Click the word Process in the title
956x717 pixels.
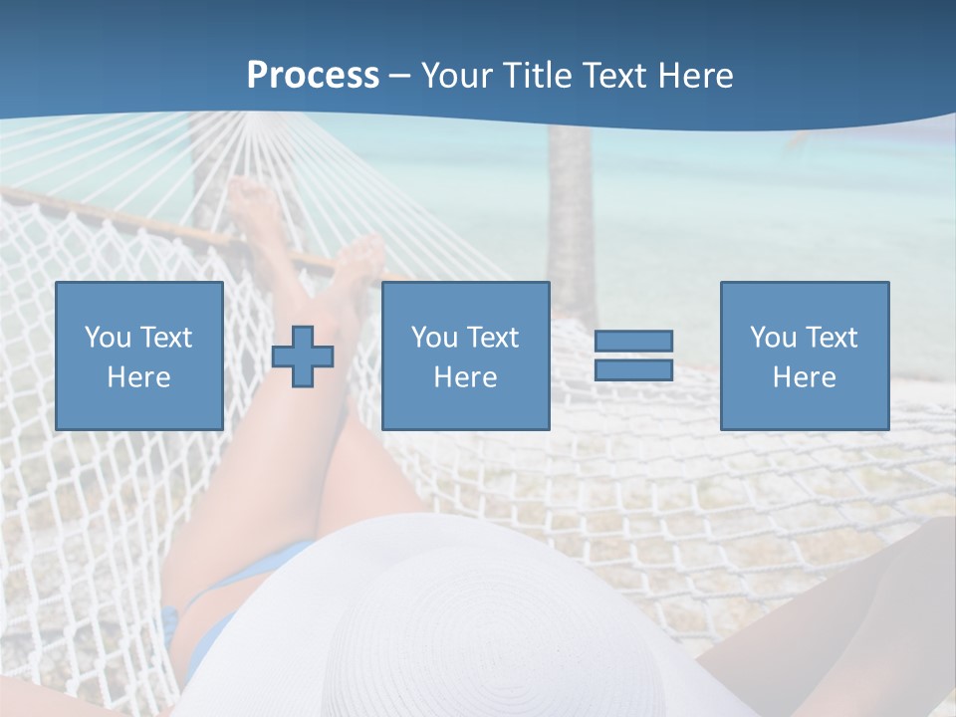tap(313, 76)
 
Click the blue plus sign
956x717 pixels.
tap(303, 357)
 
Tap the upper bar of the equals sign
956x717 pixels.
tap(633, 341)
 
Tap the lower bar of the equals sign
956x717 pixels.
tap(633, 369)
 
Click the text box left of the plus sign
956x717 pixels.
tap(139, 356)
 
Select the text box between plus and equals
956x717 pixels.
tap(466, 356)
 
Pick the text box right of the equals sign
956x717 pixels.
tap(805, 356)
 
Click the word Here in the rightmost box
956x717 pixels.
tap(804, 376)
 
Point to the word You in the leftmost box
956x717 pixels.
tap(106, 337)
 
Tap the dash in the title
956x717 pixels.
tap(399, 77)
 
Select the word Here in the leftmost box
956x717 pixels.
tap(138, 376)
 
